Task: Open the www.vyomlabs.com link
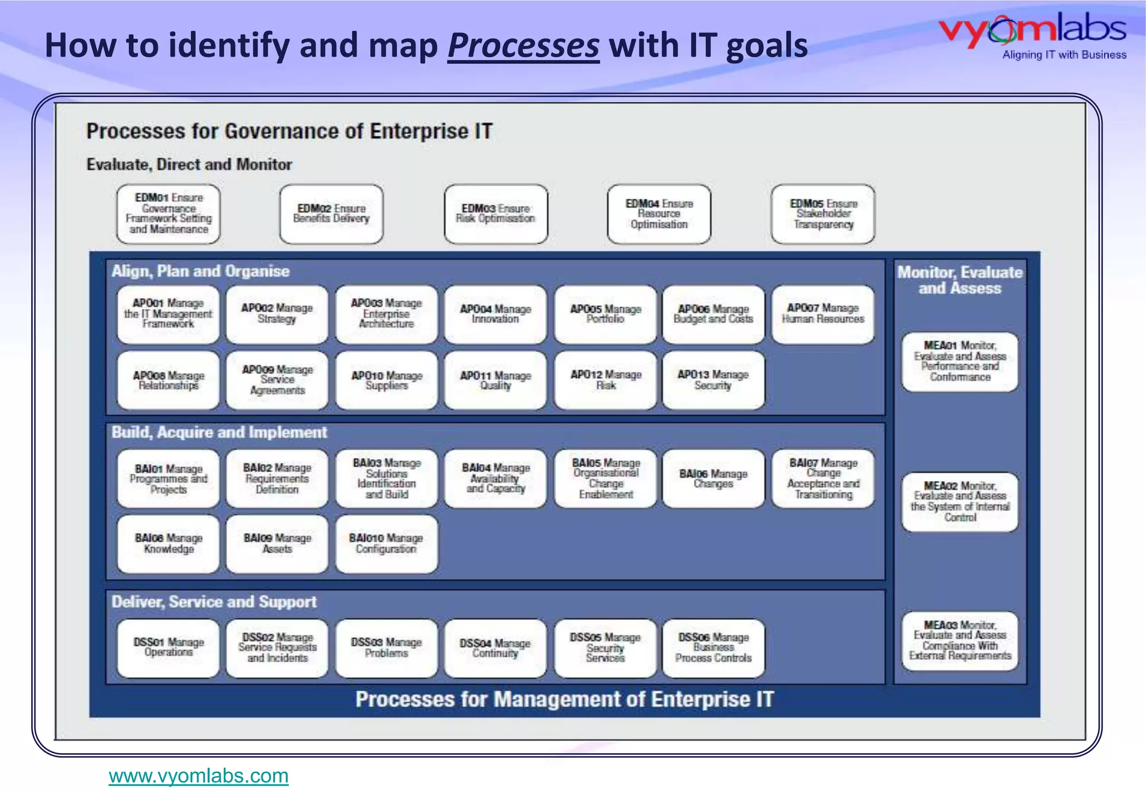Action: click(198, 776)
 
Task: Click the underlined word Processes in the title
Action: click(523, 45)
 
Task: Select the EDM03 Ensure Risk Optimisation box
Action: click(496, 214)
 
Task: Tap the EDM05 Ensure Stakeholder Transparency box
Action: click(823, 214)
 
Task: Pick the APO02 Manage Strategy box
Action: click(277, 314)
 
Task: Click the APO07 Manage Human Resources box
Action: click(823, 314)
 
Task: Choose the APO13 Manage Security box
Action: click(713, 380)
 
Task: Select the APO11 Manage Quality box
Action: click(495, 380)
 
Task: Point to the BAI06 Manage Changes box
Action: click(713, 478)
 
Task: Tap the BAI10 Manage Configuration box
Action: click(386, 544)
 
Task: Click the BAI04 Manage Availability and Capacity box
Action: click(495, 478)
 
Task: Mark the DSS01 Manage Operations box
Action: click(168, 648)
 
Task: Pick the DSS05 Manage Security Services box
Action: click(605, 648)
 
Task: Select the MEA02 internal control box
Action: click(960, 502)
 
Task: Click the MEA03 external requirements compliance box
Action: click(960, 640)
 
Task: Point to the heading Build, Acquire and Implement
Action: click(219, 432)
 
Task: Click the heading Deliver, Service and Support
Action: click(214, 602)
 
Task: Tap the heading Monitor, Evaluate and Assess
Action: click(960, 280)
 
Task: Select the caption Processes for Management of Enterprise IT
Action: click(564, 700)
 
